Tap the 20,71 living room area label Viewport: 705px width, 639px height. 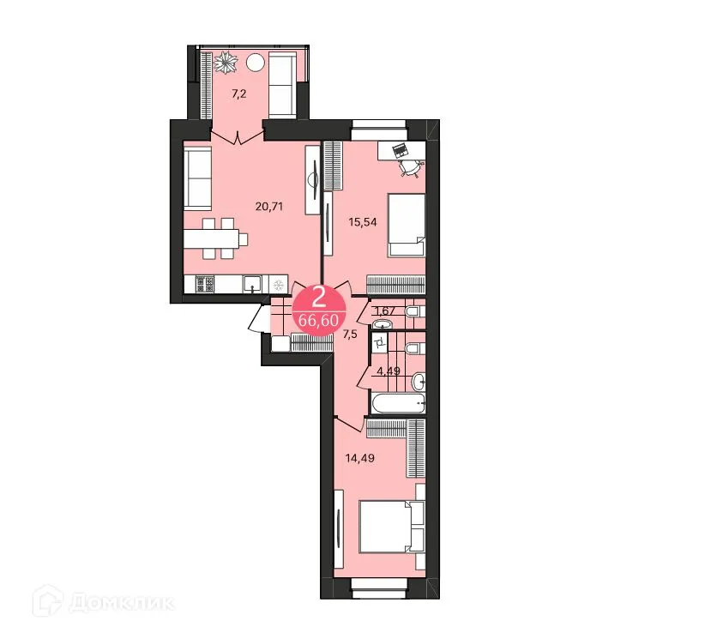[x=269, y=206]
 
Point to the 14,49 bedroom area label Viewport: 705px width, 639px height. [x=361, y=457]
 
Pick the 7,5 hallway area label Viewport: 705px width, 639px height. [x=350, y=335]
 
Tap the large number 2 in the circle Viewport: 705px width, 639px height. [x=318, y=298]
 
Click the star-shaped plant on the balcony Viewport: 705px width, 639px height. [x=226, y=62]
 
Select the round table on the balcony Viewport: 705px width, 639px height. [x=257, y=62]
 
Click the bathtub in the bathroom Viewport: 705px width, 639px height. [x=397, y=403]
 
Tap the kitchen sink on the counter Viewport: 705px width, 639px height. [x=253, y=284]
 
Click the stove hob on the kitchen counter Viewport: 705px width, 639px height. [x=205, y=284]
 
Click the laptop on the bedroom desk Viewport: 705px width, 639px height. [x=400, y=150]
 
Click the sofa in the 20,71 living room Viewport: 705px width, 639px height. [x=198, y=178]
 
